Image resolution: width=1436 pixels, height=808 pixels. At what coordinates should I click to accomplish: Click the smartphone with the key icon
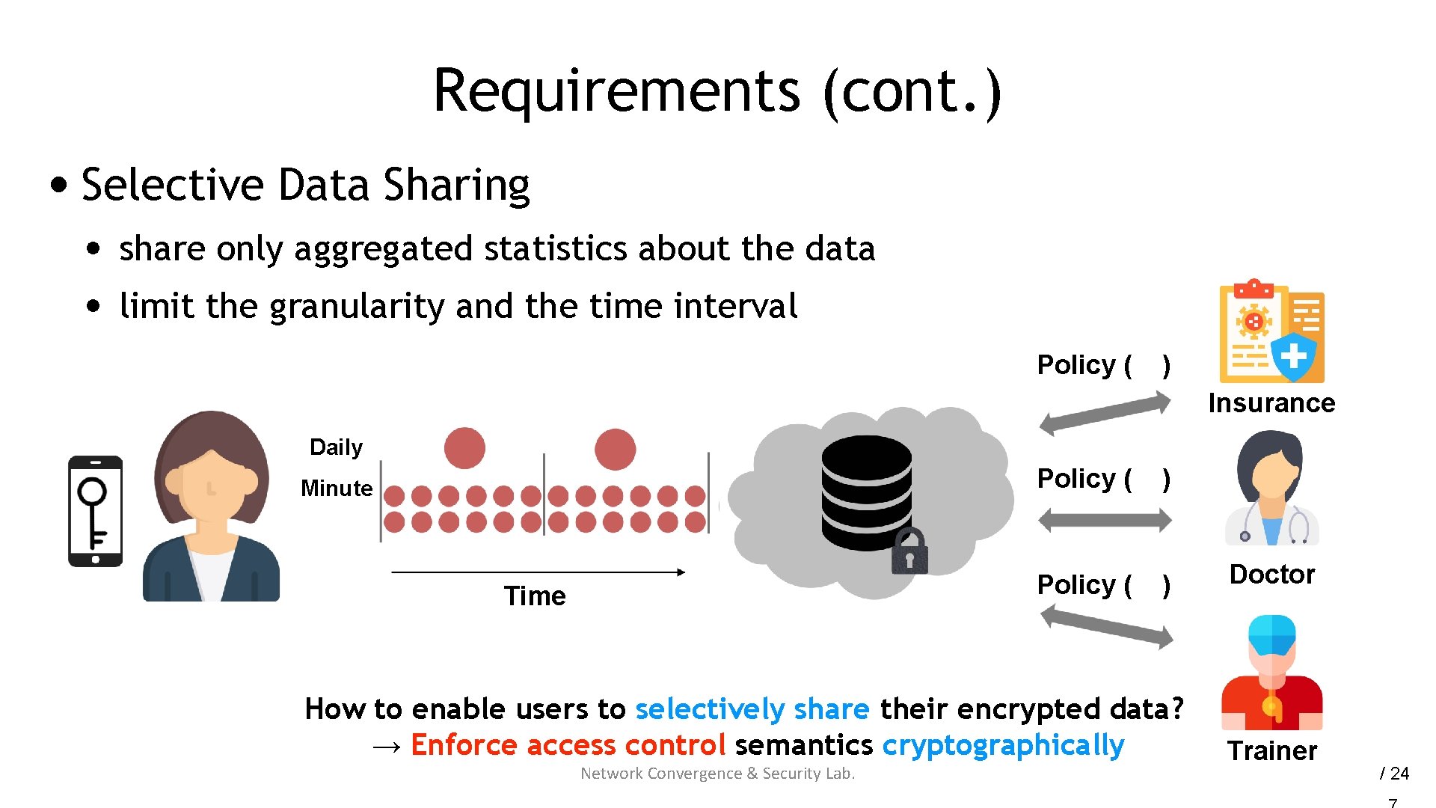point(95,511)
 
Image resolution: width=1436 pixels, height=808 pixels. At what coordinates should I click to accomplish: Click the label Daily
point(336,447)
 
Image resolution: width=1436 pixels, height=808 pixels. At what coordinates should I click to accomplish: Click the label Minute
point(336,489)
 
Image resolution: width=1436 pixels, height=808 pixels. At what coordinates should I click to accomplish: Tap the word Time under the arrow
point(534,596)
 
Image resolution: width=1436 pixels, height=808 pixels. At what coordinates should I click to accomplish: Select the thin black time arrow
point(538,572)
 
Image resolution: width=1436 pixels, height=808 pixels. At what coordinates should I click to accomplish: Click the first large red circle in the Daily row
point(464,448)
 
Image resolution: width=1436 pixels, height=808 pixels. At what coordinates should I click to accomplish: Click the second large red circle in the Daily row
point(615,449)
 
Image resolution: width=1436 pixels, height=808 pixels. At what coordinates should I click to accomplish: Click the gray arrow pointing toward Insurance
point(1105,414)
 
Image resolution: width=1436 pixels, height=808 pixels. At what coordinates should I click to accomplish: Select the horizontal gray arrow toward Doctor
point(1105,520)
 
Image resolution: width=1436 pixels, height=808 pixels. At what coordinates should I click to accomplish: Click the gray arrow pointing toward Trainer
point(1106,627)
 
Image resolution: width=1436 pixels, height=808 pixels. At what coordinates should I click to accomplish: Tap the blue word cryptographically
point(1003,745)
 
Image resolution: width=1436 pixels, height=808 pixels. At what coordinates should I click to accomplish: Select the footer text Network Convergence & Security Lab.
point(717,774)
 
